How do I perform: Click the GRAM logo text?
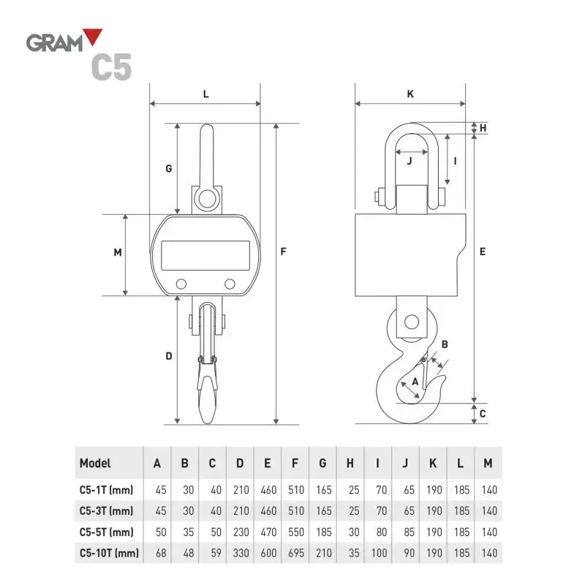click(x=54, y=42)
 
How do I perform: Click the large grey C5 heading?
click(x=111, y=67)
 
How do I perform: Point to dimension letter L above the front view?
click(x=205, y=94)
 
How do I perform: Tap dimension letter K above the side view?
click(x=410, y=94)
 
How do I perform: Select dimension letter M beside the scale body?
click(x=117, y=252)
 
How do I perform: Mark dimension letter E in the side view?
click(x=483, y=251)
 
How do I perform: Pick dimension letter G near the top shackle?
click(x=168, y=168)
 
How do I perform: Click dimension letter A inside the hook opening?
click(x=415, y=381)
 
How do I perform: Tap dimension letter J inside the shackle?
click(x=409, y=161)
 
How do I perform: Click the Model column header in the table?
click(x=95, y=463)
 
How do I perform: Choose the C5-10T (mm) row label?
click(x=109, y=553)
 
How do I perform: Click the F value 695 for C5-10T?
click(x=295, y=553)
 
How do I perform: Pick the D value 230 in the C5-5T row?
click(x=240, y=531)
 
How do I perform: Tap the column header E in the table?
click(x=268, y=463)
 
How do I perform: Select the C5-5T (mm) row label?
click(x=106, y=531)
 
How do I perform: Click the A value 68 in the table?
click(x=157, y=553)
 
